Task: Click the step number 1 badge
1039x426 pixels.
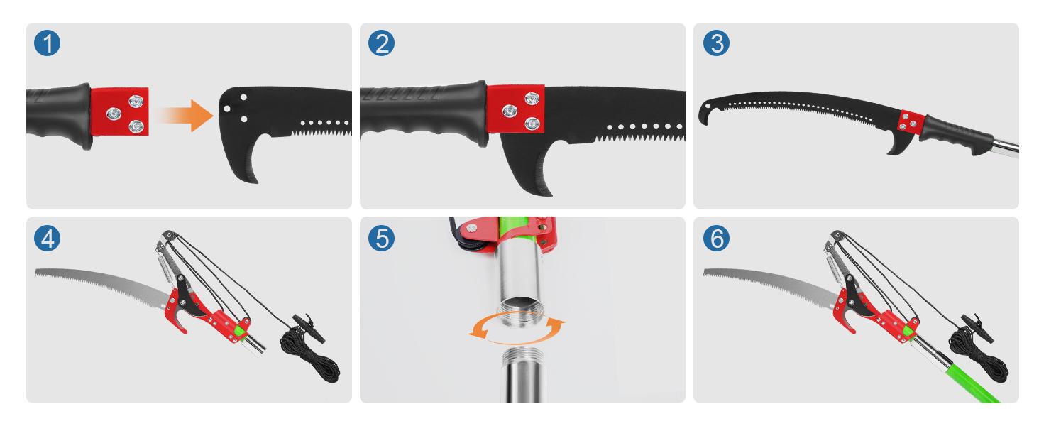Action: pos(48,44)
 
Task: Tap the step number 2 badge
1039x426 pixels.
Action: pos(381,44)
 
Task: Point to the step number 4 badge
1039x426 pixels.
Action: pos(48,238)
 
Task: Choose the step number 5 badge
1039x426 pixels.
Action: pos(381,238)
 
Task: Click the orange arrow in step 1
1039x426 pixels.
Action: pos(185,114)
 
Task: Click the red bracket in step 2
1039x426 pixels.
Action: pos(516,109)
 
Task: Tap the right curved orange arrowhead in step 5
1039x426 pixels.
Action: pos(560,324)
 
